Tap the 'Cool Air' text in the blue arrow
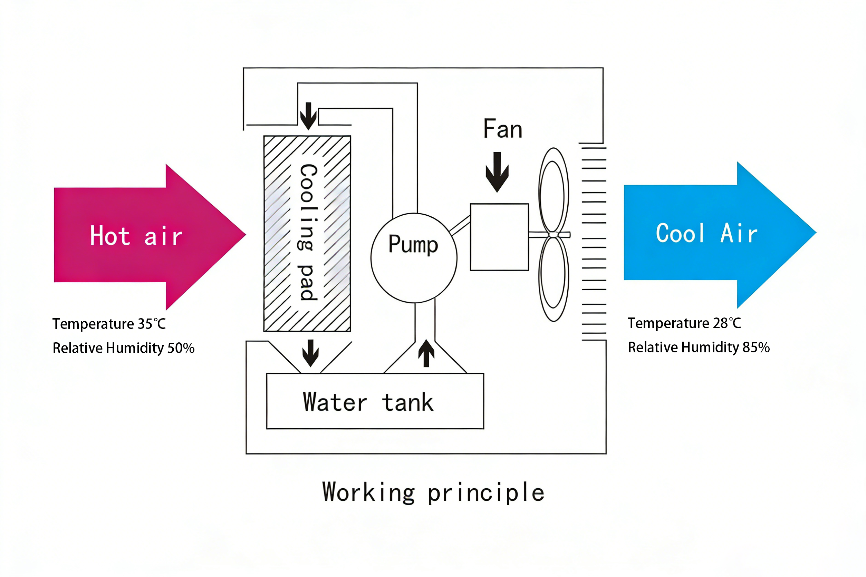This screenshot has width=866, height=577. [x=706, y=233]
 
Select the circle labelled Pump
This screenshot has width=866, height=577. [x=414, y=257]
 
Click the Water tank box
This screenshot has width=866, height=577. [x=375, y=401]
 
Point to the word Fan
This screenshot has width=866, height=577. [x=503, y=129]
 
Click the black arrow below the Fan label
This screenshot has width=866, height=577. [x=497, y=172]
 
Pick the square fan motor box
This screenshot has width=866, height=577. [x=499, y=237]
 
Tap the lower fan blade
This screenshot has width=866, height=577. [x=553, y=278]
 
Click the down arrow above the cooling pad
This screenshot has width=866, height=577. [x=308, y=116]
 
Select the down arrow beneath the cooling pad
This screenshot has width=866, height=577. [x=310, y=353]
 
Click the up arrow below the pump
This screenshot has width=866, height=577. [x=426, y=353]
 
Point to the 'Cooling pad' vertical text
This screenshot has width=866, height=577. [x=308, y=233]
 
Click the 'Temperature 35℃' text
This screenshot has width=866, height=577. [x=109, y=324]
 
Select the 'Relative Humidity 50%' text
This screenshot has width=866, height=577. [x=123, y=348]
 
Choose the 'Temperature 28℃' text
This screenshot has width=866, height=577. [x=684, y=323]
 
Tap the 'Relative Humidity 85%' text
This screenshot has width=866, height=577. [x=699, y=348]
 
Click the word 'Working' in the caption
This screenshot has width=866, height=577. [x=368, y=492]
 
